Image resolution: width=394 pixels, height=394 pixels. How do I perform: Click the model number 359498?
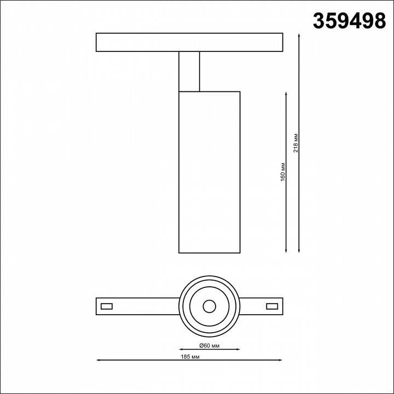pyautogui.click(x=349, y=21)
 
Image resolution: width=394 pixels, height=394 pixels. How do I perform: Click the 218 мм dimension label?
pyautogui.click(x=296, y=143)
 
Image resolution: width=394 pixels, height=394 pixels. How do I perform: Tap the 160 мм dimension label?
pyautogui.click(x=283, y=172)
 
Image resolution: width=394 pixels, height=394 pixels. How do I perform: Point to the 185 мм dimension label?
pyautogui.click(x=189, y=356)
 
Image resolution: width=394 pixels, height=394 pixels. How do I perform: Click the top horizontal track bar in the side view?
pyautogui.click(x=189, y=43)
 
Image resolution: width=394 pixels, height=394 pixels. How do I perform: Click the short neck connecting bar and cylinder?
pyautogui.click(x=189, y=71)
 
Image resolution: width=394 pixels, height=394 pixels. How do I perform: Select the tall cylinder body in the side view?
pyautogui.click(x=209, y=172)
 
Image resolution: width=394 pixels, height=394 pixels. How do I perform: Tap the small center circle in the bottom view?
pyautogui.click(x=209, y=305)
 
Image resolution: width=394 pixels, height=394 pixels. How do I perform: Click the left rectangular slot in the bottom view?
pyautogui.click(x=107, y=305)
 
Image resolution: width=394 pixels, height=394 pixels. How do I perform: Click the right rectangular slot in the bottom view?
pyautogui.click(x=271, y=305)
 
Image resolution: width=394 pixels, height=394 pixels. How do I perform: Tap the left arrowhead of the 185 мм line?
pyautogui.click(x=99, y=360)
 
